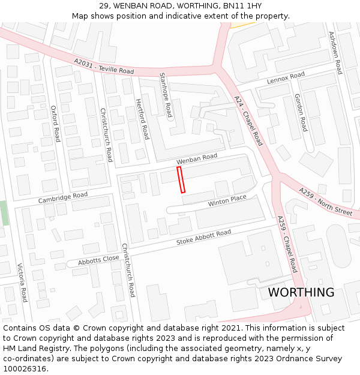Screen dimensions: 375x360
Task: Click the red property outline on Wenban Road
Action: [181, 179]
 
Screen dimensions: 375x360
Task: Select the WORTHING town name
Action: [301, 292]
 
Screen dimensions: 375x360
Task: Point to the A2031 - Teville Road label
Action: [104, 67]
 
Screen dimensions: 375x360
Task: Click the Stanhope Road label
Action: [166, 95]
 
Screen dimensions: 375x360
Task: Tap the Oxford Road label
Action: [55, 124]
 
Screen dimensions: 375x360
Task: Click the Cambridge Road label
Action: [63, 197]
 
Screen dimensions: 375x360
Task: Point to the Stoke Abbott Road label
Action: [203, 238]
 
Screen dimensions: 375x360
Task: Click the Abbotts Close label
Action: [98, 259]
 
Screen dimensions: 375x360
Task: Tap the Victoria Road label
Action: [22, 282]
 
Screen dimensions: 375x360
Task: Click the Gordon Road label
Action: [301, 113]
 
